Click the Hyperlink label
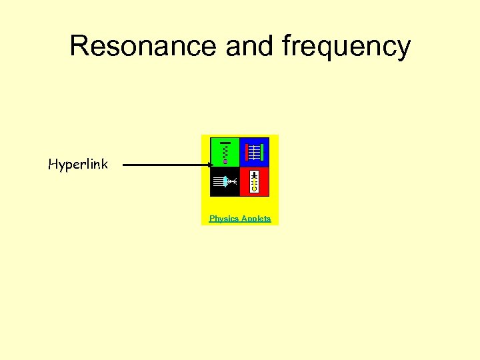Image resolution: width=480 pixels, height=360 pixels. click(x=78, y=164)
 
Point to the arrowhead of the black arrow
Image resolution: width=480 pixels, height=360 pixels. click(x=210, y=165)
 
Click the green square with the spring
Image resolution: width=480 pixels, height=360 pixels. click(x=225, y=152)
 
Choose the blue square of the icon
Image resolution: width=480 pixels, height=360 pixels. click(x=254, y=152)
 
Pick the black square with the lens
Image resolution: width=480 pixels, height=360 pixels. click(x=225, y=181)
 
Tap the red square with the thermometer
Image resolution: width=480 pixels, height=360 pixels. click(x=254, y=181)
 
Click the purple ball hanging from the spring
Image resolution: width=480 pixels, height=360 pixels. click(x=225, y=161)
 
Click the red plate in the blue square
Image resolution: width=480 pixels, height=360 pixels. click(x=246, y=152)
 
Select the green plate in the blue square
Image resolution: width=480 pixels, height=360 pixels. click(x=263, y=152)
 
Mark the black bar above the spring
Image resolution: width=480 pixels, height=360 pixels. click(x=225, y=143)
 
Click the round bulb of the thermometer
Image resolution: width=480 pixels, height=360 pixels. click(x=254, y=189)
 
